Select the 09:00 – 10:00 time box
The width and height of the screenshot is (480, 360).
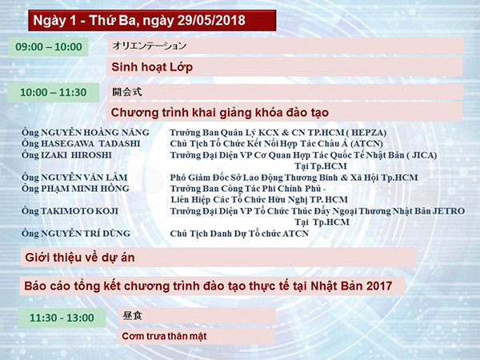point(48,47)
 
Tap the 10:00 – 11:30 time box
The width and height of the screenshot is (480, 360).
point(54,93)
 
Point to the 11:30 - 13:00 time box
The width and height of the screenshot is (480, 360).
point(62,318)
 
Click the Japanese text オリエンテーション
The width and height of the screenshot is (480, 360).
point(150,46)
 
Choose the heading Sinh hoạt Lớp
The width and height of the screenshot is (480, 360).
point(152,67)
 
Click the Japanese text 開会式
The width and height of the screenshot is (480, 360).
point(127,92)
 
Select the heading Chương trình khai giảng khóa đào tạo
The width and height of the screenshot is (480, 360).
point(220,113)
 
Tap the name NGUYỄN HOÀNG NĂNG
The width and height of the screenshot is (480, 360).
point(95,133)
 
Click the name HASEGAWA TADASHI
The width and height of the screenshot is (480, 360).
point(90,143)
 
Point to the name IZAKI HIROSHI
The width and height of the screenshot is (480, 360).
point(76,155)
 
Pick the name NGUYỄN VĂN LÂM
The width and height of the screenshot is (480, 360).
point(84,178)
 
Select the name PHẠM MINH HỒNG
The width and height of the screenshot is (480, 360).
point(85,189)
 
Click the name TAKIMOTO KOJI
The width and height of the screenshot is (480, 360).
point(79,211)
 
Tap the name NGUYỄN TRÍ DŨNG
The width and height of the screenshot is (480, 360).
point(86,234)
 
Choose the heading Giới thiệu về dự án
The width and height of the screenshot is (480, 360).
point(80,258)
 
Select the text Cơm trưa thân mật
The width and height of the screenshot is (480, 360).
point(164,336)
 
